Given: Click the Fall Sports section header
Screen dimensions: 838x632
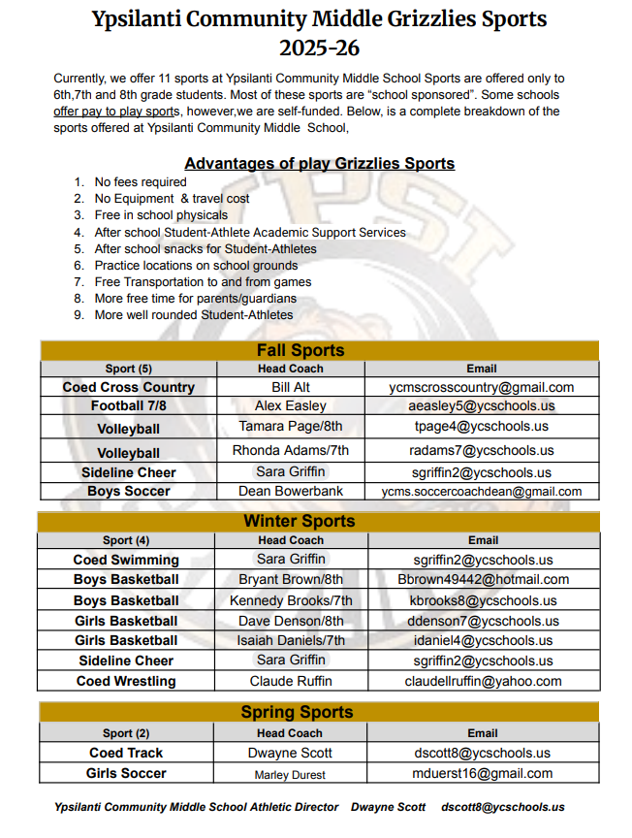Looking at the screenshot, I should point(300,350).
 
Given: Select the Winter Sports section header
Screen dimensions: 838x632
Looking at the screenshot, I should point(300,522).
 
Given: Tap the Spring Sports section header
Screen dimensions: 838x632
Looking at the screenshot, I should point(300,713).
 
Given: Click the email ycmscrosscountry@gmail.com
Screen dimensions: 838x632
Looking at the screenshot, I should point(482,387).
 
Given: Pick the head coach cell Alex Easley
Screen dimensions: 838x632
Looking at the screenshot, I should point(291,405).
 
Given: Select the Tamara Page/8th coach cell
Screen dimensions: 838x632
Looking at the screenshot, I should point(291,427).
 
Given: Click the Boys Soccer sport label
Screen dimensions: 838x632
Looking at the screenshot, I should point(128,491).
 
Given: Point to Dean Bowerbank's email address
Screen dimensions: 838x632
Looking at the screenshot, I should point(482,492).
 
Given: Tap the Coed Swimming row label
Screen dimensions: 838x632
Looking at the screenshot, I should point(126,560).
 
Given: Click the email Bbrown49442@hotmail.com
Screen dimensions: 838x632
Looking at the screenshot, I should point(483,580).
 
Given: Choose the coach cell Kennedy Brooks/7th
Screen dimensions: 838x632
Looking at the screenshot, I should point(291,600).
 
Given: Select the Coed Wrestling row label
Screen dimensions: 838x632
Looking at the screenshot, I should point(126,681).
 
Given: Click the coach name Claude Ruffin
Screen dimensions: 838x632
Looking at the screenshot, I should point(291,681).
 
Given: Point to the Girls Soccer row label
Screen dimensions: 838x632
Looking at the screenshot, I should point(126,773).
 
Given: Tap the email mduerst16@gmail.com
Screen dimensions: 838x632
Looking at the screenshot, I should point(483,773).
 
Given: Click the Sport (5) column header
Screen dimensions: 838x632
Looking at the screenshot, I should point(128,369).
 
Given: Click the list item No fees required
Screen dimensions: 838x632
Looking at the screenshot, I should point(141,181).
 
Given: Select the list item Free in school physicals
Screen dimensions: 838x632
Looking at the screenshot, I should point(161,215).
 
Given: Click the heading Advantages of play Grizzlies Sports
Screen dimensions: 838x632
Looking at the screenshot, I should point(319,163).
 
